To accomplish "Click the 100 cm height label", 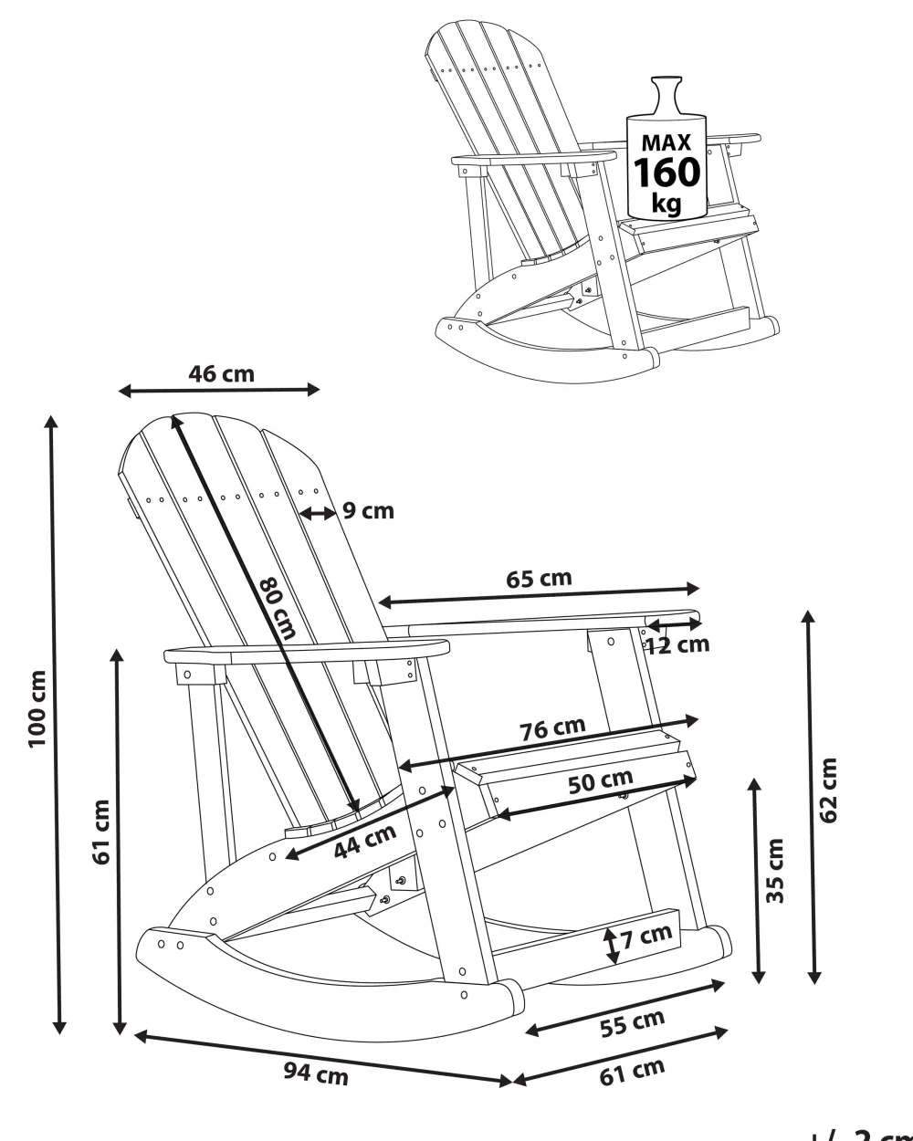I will (37, 709).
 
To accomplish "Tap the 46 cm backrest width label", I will (222, 373).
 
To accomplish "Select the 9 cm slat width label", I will (368, 510).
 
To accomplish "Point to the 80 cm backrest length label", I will (278, 608).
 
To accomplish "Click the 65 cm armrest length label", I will (539, 579).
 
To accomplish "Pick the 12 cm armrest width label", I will (677, 644).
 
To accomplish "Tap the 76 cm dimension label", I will (552, 729).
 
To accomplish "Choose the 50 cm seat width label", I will (600, 782).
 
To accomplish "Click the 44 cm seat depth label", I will (364, 842).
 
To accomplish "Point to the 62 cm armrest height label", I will (828, 790).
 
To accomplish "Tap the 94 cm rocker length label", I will (315, 1074).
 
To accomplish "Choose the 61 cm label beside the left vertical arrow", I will (101, 832).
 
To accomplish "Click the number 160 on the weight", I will (666, 173).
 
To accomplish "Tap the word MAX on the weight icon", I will (666, 143).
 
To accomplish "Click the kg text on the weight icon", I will (666, 204).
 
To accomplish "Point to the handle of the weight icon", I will (666, 94).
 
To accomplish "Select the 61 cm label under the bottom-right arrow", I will (632, 1072).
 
